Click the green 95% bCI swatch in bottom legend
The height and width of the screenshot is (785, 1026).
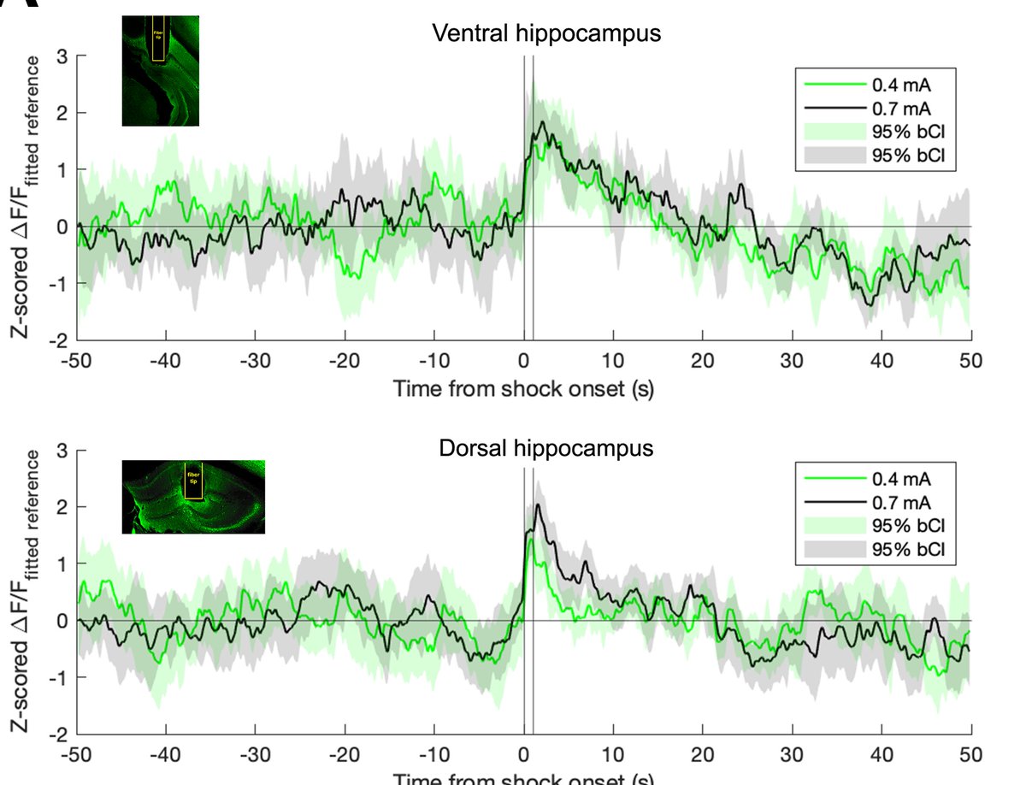click(829, 524)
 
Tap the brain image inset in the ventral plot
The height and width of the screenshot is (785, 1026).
click(161, 71)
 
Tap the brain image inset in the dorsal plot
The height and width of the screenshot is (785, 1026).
click(193, 497)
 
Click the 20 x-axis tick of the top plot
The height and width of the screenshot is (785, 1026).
click(702, 359)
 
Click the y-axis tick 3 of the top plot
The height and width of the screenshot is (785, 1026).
click(62, 56)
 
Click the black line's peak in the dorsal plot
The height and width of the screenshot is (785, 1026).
click(538, 505)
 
